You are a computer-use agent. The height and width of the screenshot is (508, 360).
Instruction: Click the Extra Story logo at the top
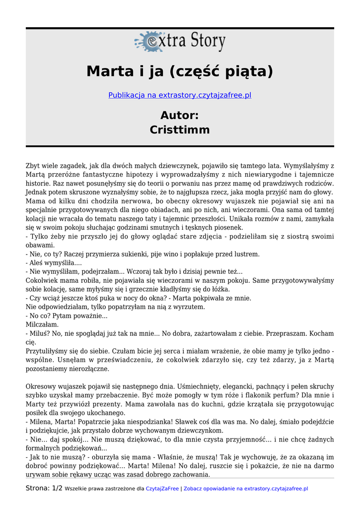click(180, 42)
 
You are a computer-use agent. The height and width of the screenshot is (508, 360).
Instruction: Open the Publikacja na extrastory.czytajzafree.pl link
click(180, 95)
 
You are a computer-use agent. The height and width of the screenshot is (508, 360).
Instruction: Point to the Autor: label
click(180, 115)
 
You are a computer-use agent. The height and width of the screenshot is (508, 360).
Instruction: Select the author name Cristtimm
click(180, 130)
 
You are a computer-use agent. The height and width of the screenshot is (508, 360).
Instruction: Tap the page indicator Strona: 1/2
click(44, 488)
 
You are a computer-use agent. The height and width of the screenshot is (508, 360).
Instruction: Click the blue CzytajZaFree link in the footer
click(162, 489)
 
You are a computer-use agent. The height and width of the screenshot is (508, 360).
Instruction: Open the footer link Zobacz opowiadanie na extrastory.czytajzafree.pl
click(246, 489)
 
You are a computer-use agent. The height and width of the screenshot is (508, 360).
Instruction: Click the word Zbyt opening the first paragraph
click(33, 166)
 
